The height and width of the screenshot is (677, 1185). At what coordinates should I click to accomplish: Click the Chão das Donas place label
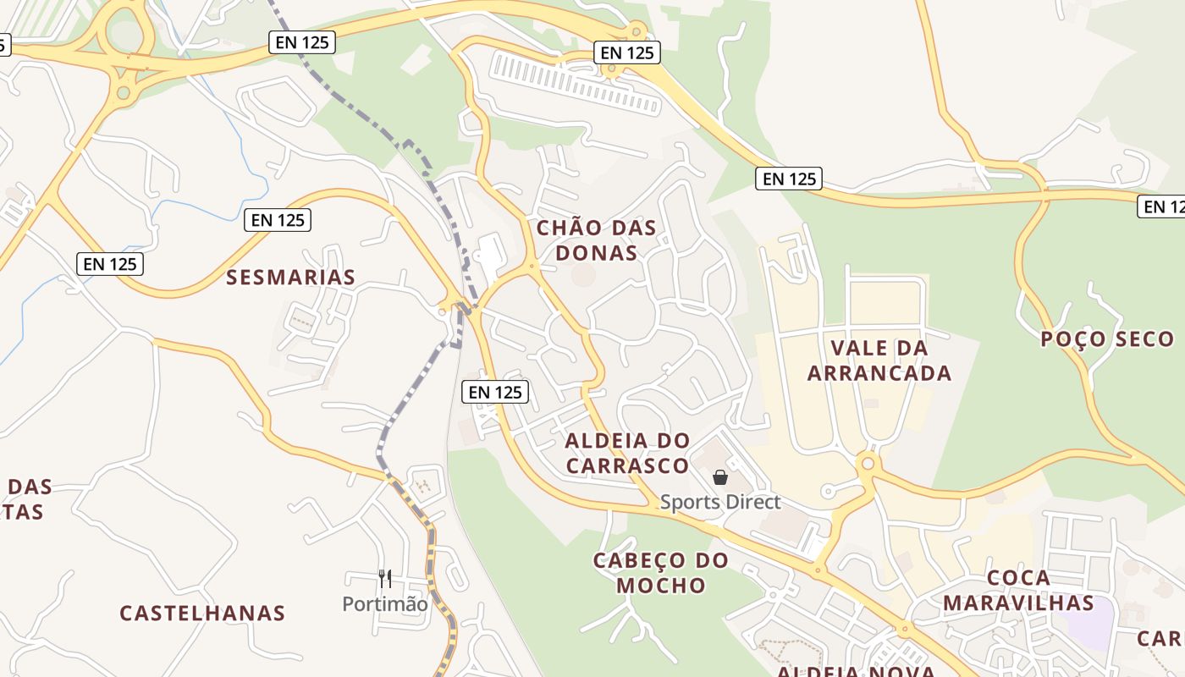coord(597,240)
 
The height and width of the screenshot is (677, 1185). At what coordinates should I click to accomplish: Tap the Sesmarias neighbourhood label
coord(290,277)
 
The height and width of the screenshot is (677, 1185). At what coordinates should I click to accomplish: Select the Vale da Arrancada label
coord(879,361)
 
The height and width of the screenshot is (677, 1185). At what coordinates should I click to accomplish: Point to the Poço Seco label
coord(1107,339)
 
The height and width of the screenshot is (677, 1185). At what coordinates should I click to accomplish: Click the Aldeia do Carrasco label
coord(627,453)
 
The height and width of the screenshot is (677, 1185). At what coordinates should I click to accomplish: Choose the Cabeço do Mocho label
coord(660,573)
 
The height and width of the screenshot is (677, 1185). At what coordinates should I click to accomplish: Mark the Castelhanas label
coord(202,613)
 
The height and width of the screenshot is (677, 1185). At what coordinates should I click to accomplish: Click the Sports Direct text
coord(720,502)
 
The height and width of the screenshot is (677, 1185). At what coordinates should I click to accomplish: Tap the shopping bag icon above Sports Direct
coord(720,478)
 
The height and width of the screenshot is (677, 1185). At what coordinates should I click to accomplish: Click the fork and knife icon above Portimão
coord(385,579)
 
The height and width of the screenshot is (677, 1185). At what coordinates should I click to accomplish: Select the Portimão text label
coord(385,604)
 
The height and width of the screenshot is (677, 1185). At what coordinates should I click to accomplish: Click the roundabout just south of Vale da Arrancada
coord(868,464)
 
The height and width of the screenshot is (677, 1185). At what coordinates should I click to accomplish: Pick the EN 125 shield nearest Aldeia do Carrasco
coord(496,392)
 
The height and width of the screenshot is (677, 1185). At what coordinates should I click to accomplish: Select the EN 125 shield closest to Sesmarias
coord(278,220)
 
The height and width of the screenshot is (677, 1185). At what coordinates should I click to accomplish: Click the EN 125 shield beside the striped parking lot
coord(626,52)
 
